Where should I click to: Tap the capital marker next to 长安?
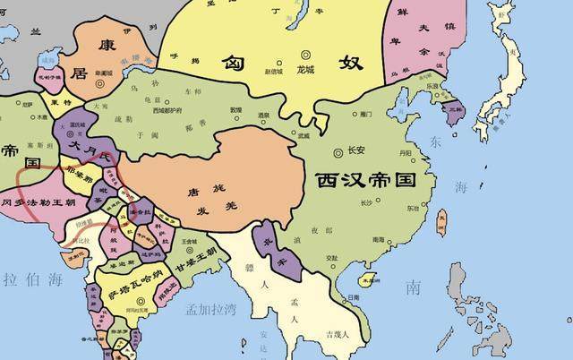(x=338, y=150)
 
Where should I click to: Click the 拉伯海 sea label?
(x=24, y=279)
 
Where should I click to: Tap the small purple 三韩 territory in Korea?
(x=455, y=112)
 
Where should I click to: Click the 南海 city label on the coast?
(x=380, y=239)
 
